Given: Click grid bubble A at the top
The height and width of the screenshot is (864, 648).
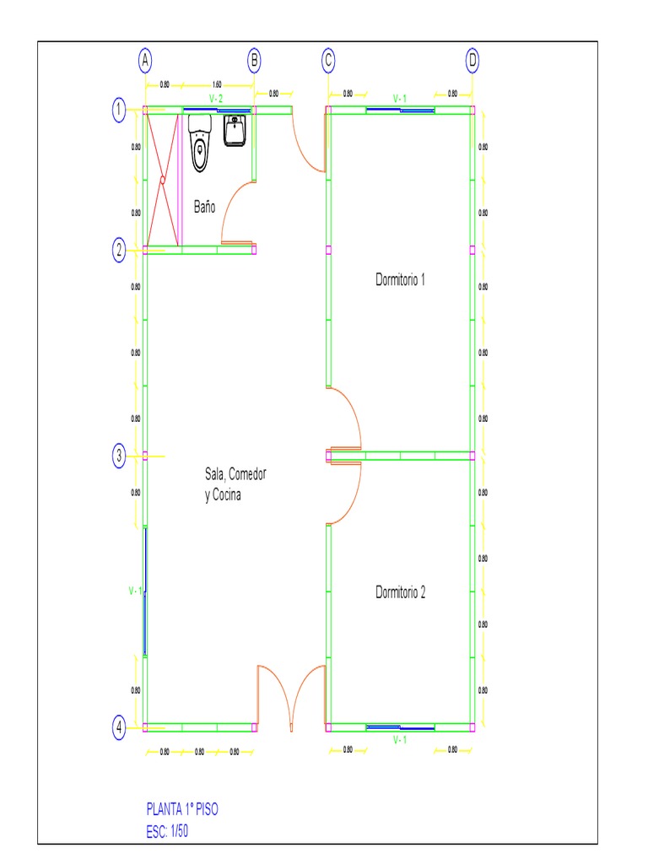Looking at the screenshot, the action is tap(145, 61).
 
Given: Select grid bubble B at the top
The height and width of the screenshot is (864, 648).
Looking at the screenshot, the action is tap(254, 61).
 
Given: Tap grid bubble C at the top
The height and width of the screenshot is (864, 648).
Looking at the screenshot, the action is tap(328, 61).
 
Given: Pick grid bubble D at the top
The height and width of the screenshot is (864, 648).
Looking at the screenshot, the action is tap(472, 61).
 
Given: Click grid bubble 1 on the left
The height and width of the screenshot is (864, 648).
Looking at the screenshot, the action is tap(120, 110).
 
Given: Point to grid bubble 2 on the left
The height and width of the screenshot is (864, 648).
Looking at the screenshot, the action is tap(120, 249).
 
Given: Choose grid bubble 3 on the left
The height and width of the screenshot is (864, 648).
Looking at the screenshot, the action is tap(120, 456).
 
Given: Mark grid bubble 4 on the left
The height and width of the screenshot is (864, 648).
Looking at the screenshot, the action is tap(120, 726).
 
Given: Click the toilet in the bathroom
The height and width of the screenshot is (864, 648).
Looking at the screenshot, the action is tap(200, 145).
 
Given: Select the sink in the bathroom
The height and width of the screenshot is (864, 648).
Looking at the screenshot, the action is tap(235, 131).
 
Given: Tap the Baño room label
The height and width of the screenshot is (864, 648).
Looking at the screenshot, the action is tap(203, 207).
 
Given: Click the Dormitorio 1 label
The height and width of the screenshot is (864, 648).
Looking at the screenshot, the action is tap(400, 280).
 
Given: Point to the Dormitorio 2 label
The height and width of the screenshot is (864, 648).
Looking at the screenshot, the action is tap(400, 592).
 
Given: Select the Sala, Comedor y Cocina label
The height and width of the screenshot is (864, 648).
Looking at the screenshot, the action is tap(235, 485).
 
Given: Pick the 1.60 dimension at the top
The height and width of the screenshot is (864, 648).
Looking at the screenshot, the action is tap(217, 84).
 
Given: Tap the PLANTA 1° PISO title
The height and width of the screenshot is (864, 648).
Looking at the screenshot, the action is tap(182, 808).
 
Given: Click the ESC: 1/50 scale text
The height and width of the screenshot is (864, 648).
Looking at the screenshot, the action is tap(172, 830).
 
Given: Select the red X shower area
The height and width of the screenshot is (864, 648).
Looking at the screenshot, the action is tap(163, 179).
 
